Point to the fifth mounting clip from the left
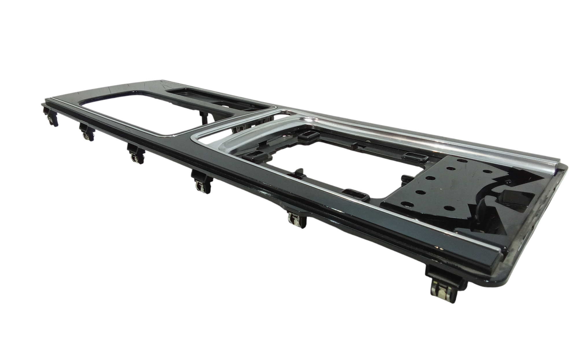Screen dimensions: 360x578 [296, 219]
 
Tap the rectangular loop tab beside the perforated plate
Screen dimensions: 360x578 [416, 155]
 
